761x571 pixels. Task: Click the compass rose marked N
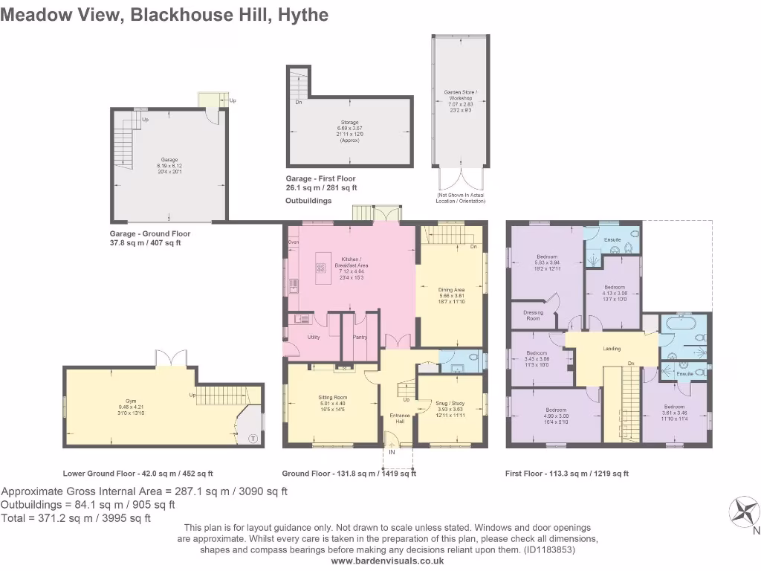[x=745, y=512]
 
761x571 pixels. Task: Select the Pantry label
[x=360, y=337]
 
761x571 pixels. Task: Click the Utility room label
[x=314, y=337]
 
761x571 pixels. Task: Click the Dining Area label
[x=451, y=290]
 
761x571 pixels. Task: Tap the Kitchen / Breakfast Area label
[x=350, y=260]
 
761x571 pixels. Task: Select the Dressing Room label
[x=533, y=315]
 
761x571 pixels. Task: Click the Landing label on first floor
[x=612, y=348]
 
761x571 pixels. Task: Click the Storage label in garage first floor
[x=349, y=122]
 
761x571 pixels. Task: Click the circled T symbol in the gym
[x=253, y=438]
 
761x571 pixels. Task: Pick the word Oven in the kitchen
[x=293, y=242]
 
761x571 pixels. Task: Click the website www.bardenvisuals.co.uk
[x=386, y=561]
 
